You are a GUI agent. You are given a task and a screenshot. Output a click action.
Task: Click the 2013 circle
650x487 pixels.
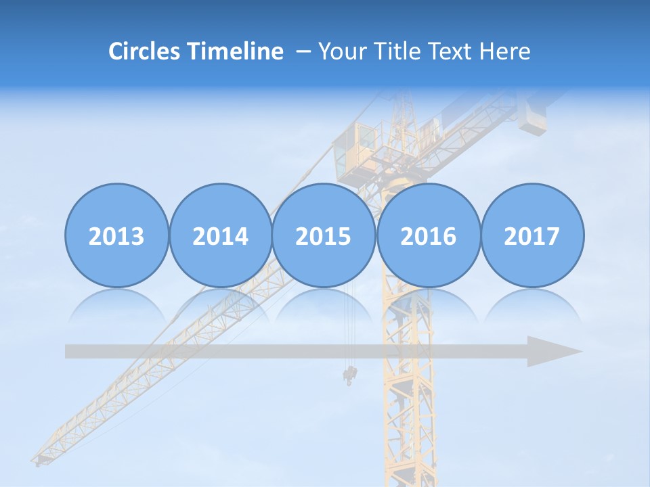[x=116, y=235]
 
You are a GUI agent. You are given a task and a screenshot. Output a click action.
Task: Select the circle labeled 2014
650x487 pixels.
[x=220, y=235]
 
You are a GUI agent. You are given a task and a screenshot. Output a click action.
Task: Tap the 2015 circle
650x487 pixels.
[x=324, y=235]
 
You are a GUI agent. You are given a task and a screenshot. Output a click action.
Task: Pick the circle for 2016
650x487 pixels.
[x=428, y=235]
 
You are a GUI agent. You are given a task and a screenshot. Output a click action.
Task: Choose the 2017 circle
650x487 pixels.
[x=532, y=235]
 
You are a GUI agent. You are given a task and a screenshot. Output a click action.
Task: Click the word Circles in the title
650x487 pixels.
[x=145, y=51]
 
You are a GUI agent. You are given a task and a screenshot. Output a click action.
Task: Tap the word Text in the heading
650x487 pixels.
[x=454, y=51]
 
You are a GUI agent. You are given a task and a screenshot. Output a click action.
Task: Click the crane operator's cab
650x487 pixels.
[x=357, y=143]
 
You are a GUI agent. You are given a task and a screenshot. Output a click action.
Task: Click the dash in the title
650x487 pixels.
[x=303, y=51]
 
